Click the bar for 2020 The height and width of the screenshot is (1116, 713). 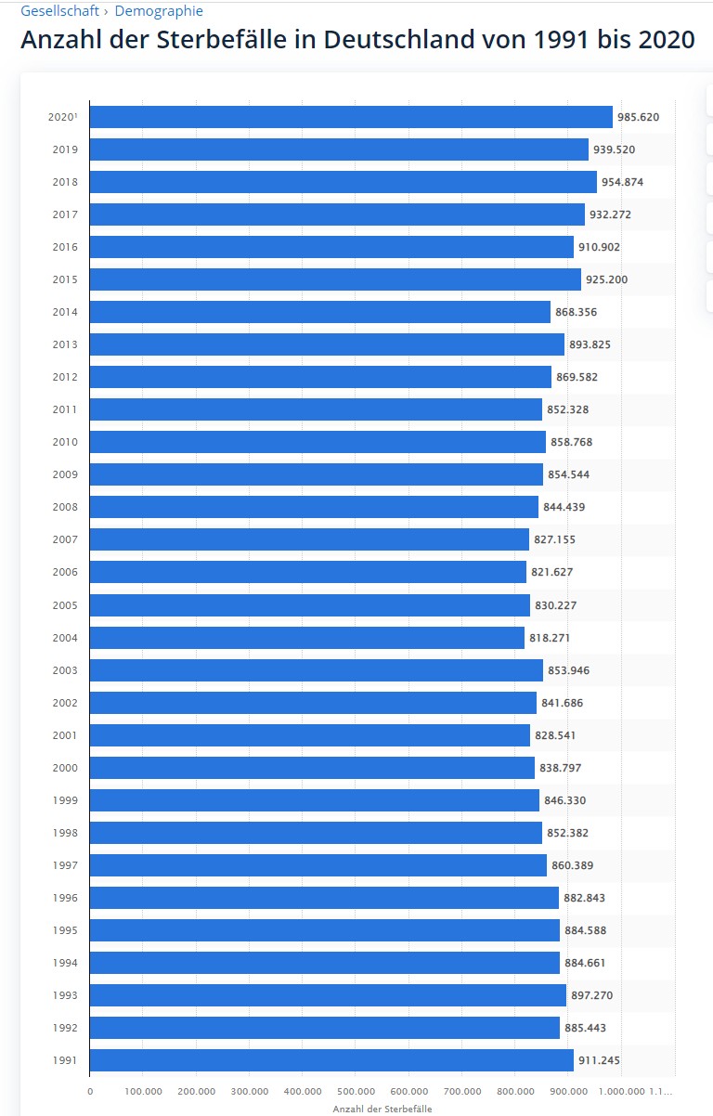tap(351, 117)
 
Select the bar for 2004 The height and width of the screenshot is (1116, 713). tap(307, 638)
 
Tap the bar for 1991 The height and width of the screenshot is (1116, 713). tap(331, 1060)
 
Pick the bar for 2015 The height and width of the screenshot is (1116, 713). tap(335, 279)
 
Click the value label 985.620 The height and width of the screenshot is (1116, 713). tap(638, 117)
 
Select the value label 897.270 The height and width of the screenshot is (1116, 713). tap(591, 995)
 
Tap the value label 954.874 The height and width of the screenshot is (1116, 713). tap(622, 182)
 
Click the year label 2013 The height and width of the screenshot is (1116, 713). tap(65, 344)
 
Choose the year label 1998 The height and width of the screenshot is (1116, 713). tap(65, 833)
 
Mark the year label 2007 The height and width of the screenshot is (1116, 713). tap(65, 539)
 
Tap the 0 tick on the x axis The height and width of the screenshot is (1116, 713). tap(90, 1092)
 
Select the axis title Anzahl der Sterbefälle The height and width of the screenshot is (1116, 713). tap(382, 1109)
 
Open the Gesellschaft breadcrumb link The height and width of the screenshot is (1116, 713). tap(59, 11)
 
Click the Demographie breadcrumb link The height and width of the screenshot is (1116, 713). tap(159, 11)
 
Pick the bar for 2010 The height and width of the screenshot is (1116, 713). tap(318, 442)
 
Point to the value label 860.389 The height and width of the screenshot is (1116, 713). tap(572, 865)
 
